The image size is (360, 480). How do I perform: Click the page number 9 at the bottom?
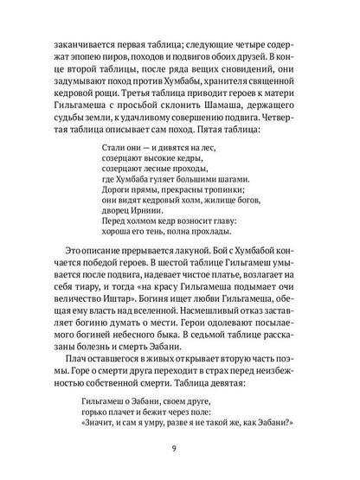[180, 449]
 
